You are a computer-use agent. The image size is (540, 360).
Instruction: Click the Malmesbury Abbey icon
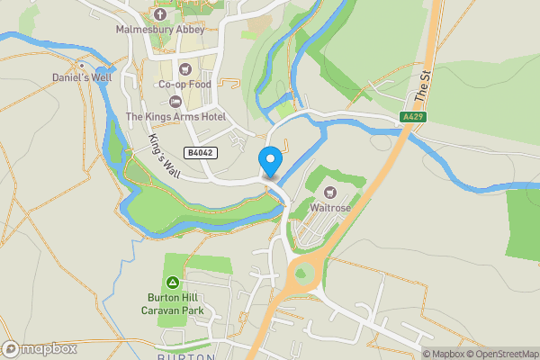[x=160, y=13]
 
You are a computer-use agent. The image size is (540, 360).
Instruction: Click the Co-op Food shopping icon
[x=184, y=68]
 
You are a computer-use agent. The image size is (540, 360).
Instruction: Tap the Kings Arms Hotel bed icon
[x=175, y=100]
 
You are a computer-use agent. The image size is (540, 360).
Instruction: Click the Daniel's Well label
[x=82, y=78]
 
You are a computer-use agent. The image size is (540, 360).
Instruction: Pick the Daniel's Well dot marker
[x=82, y=66]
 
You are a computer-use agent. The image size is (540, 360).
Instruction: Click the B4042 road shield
[x=201, y=153]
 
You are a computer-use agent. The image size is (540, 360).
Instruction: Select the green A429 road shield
[x=413, y=116]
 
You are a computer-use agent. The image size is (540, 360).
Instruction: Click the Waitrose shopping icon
[x=330, y=192]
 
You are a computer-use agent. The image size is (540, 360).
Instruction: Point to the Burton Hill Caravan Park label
[x=176, y=304]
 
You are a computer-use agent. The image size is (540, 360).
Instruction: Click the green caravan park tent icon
[x=173, y=283]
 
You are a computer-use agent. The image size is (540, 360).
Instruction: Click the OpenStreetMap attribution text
[x=500, y=354]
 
